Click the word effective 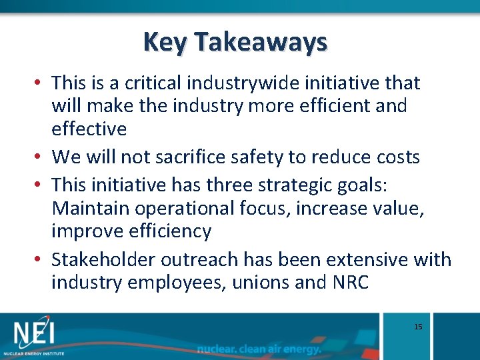pos(89,127)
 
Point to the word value pos(397,208)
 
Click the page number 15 pos(418,327)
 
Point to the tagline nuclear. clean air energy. pos(259,349)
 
